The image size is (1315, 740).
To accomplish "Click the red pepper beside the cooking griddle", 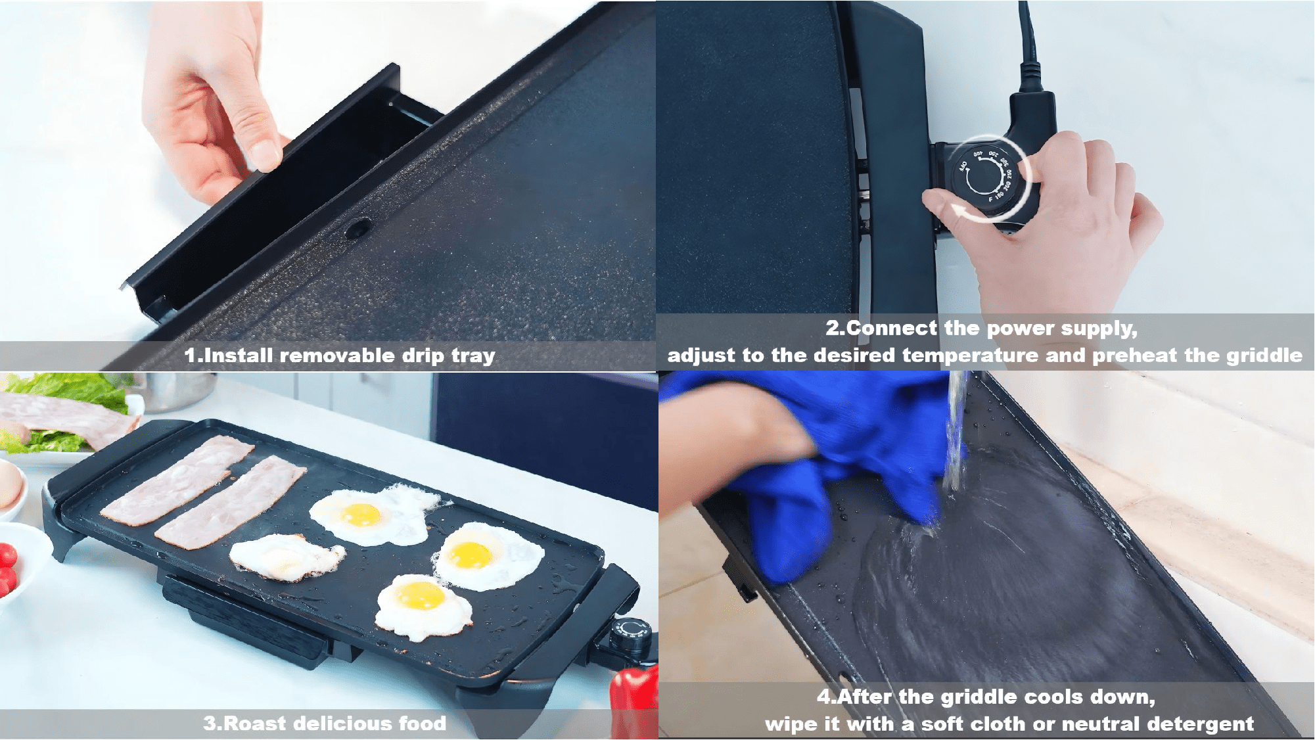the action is click(x=634, y=700).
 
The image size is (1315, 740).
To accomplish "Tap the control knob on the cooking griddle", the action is click(x=632, y=632).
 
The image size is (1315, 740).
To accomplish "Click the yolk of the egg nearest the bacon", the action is click(x=361, y=514).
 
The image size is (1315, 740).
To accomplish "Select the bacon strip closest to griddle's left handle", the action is click(x=176, y=481).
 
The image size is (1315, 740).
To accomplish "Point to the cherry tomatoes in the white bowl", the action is click(x=7, y=568).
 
